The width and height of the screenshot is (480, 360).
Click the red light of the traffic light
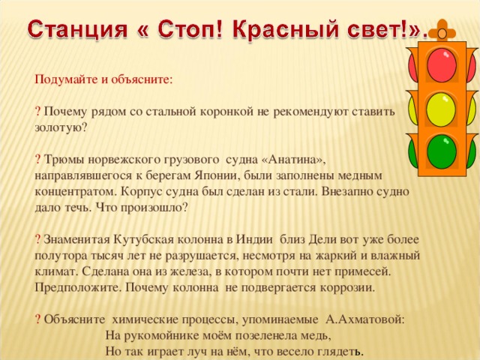coord(442,66)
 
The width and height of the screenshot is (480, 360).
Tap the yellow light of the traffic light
coord(442,109)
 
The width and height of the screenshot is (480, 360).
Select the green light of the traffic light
coord(442,151)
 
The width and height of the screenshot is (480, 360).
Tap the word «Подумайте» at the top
coord(68,78)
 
